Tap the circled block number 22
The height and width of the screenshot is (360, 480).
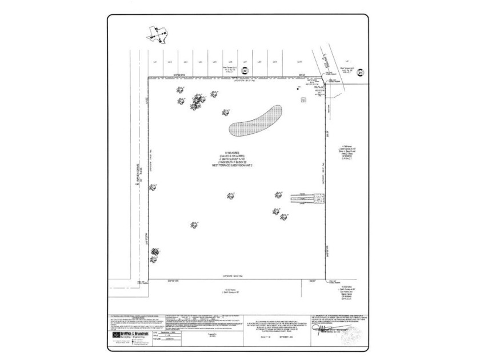tap(244, 72)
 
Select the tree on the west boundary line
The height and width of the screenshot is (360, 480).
tap(153, 187)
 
